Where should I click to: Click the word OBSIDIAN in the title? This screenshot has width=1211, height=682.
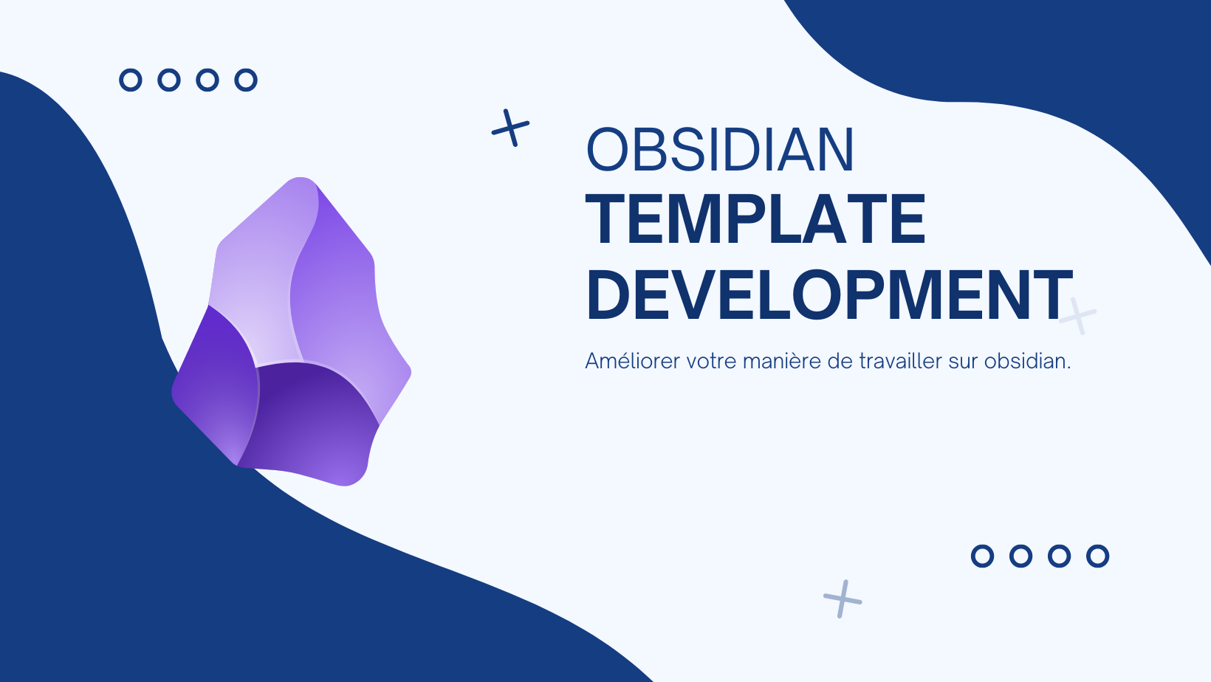tap(720, 150)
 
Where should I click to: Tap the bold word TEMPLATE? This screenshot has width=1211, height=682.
tap(756, 219)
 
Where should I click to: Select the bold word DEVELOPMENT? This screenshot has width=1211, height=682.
tap(829, 295)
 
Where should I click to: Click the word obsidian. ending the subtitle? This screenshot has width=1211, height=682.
tap(1027, 360)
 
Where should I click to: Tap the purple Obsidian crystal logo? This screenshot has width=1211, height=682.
tap(292, 331)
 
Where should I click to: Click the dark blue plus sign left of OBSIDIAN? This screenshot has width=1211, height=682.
tap(510, 128)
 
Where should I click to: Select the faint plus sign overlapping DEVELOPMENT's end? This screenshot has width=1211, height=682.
tap(1077, 316)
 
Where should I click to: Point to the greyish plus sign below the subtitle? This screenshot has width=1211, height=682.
tap(843, 599)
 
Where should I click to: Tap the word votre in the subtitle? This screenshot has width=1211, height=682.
tap(712, 361)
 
